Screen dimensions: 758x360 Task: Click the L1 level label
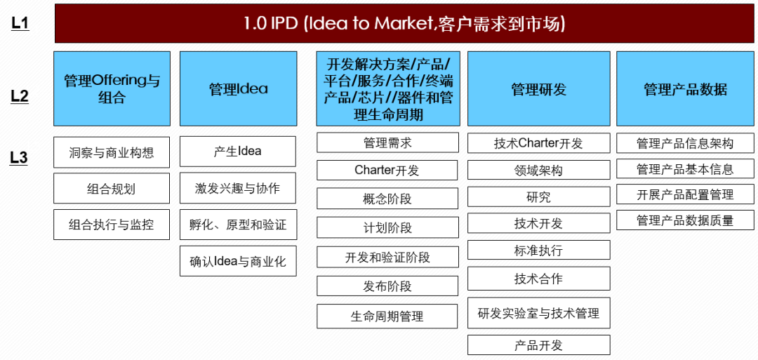pyautogui.click(x=20, y=24)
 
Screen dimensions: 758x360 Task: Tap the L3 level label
pyautogui.click(x=19, y=158)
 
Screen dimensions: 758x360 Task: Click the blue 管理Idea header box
pyautogui.click(x=239, y=89)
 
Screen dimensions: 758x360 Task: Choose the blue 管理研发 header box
pyautogui.click(x=538, y=89)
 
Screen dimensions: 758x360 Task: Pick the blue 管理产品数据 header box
pyautogui.click(x=685, y=89)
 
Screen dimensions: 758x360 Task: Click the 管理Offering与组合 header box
pyautogui.click(x=112, y=89)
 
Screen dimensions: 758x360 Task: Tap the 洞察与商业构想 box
pyautogui.click(x=112, y=152)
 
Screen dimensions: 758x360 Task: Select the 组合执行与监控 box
pyautogui.click(x=112, y=225)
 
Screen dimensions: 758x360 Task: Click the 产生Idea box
pyautogui.click(x=238, y=152)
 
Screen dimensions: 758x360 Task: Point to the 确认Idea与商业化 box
pyautogui.click(x=239, y=262)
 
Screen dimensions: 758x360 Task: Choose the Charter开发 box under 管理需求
pyautogui.click(x=387, y=171)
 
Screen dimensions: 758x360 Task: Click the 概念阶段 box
pyautogui.click(x=387, y=199)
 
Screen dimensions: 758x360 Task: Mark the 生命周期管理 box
pyautogui.click(x=387, y=316)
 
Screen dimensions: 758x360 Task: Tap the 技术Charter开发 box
pyautogui.click(x=538, y=143)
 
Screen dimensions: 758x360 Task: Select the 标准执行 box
pyautogui.click(x=538, y=250)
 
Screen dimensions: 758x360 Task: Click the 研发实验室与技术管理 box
pyautogui.click(x=538, y=313)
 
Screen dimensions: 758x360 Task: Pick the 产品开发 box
pyautogui.click(x=538, y=345)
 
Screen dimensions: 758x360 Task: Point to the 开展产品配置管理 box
pyautogui.click(x=685, y=195)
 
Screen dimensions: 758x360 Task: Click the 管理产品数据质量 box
pyautogui.click(x=685, y=220)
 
